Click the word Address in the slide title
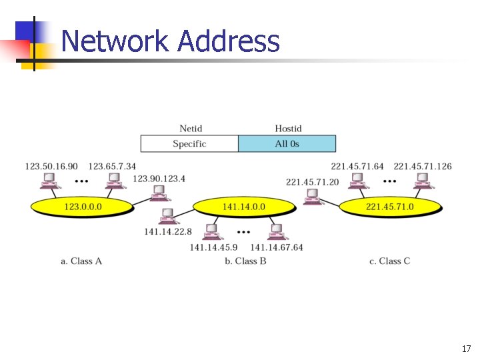(229, 42)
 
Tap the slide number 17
(465, 349)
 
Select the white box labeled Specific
(189, 144)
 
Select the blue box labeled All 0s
(287, 144)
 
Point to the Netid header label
(191, 129)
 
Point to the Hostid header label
(288, 129)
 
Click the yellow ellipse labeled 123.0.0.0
(83, 207)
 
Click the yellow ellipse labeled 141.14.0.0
(243, 207)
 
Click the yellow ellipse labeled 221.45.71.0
(390, 207)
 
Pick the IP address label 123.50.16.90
(51, 166)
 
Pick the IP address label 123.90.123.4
(159, 178)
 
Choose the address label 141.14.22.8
(168, 231)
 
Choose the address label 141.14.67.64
(277, 247)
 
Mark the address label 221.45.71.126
(423, 166)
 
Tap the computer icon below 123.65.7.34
(113, 181)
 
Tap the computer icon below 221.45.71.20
(311, 196)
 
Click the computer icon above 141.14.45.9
(212, 232)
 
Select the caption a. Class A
(81, 261)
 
